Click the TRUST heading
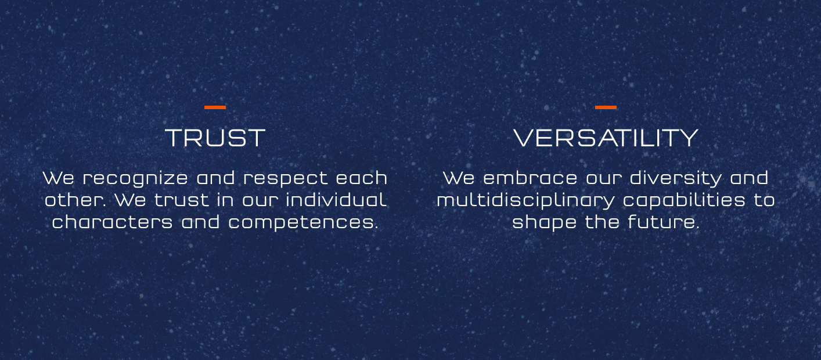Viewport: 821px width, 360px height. (215, 138)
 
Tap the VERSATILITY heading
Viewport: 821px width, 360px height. (606, 138)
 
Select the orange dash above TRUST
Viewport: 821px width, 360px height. (215, 107)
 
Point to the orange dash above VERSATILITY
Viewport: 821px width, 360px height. (606, 107)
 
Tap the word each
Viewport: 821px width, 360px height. (361, 178)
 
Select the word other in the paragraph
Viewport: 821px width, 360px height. (74, 200)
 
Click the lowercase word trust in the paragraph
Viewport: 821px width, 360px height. (181, 200)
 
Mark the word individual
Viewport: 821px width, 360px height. (336, 199)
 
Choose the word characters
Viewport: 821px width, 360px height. (112, 222)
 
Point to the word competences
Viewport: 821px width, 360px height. (303, 223)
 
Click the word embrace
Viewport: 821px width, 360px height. (530, 178)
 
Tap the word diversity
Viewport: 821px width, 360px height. (675, 178)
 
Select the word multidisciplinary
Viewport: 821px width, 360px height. (525, 200)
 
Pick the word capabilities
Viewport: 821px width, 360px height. (684, 200)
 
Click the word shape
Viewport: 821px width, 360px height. (544, 223)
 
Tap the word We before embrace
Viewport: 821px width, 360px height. (459, 178)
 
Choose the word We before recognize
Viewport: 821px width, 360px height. (59, 178)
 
